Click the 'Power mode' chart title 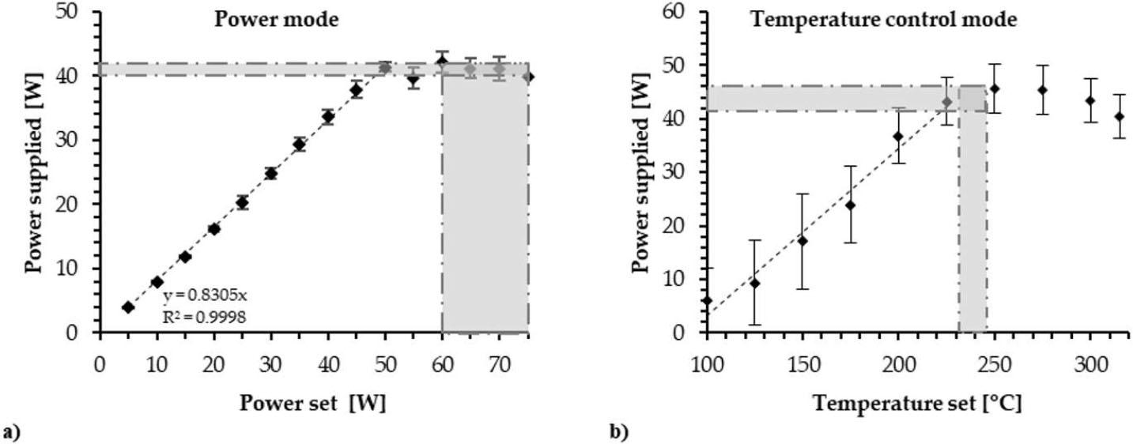276,19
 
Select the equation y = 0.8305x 205,296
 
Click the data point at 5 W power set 128,307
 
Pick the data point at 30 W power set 271,173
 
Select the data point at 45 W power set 357,89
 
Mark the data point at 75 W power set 528,77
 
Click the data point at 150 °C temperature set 803,240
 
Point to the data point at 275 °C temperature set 1043,89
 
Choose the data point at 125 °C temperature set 754,283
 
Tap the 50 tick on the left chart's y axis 77,13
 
